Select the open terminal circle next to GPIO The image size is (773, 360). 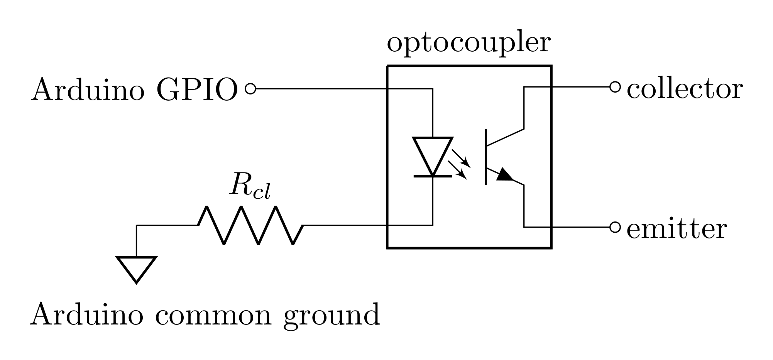pyautogui.click(x=250, y=89)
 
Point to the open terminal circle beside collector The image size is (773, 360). pyautogui.click(x=615, y=87)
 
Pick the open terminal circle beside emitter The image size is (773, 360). pyautogui.click(x=615, y=227)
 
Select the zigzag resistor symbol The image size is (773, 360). pyautogui.click(x=250, y=225)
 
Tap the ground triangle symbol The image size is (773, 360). pyautogui.click(x=136, y=267)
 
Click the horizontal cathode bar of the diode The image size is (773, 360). pyautogui.click(x=433, y=176)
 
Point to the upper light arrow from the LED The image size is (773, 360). pyautogui.click(x=462, y=159)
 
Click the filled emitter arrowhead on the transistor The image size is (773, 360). pyautogui.click(x=504, y=176)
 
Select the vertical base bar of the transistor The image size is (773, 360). pyautogui.click(x=486, y=157)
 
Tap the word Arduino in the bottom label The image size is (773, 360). pyautogui.click(x=87, y=314)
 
